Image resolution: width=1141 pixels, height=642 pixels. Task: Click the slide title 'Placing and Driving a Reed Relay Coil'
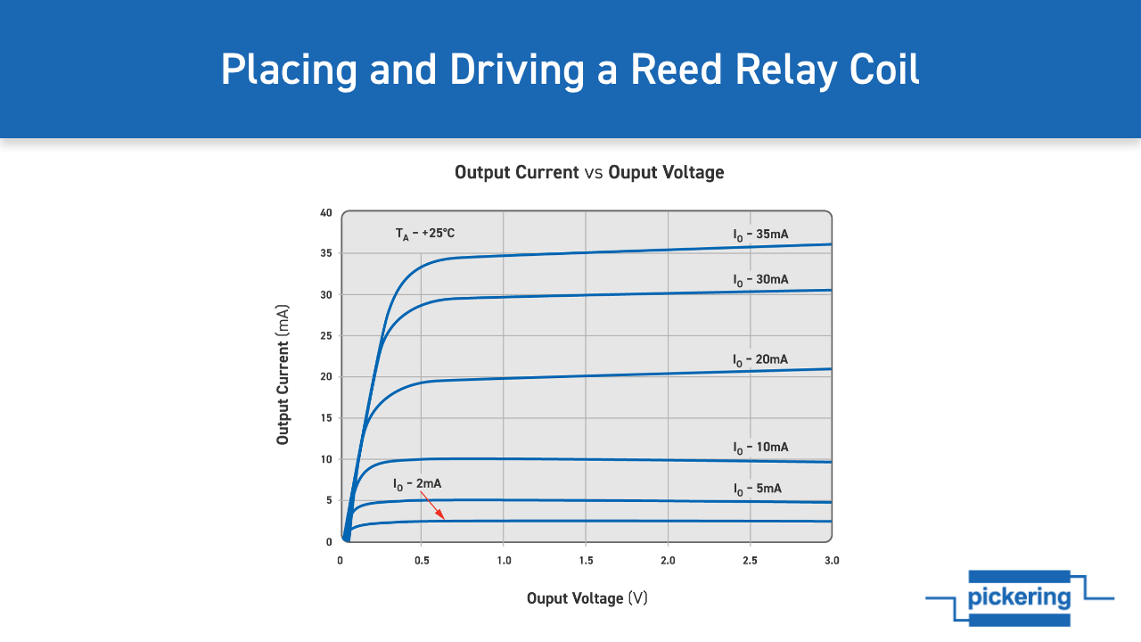(x=570, y=70)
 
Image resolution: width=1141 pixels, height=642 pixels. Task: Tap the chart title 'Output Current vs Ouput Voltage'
(x=589, y=172)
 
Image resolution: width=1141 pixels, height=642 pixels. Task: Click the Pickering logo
(x=1019, y=597)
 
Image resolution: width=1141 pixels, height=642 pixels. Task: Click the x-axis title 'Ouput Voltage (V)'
(x=587, y=598)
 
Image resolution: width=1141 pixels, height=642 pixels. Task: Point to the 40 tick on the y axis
(x=325, y=213)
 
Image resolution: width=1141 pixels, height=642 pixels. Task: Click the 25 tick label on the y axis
(x=325, y=336)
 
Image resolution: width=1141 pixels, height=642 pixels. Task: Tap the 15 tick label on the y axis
(x=325, y=418)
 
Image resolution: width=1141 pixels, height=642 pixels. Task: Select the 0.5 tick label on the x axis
(x=422, y=560)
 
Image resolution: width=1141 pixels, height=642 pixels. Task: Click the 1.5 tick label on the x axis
(x=586, y=560)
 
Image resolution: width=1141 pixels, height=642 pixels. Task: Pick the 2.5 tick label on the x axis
(x=750, y=560)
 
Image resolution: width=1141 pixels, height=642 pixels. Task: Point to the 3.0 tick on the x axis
(x=831, y=560)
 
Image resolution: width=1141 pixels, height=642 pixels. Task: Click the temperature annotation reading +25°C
(x=425, y=234)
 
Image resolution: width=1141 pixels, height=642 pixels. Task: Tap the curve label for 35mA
(x=760, y=235)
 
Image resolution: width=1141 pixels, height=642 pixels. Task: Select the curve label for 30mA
(x=760, y=280)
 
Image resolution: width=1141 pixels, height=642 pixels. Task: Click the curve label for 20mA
(x=760, y=359)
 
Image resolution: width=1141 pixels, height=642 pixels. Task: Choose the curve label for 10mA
(x=760, y=448)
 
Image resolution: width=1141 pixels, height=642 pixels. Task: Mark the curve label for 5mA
(x=757, y=489)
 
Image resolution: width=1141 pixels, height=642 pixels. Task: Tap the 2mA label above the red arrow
(x=417, y=483)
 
